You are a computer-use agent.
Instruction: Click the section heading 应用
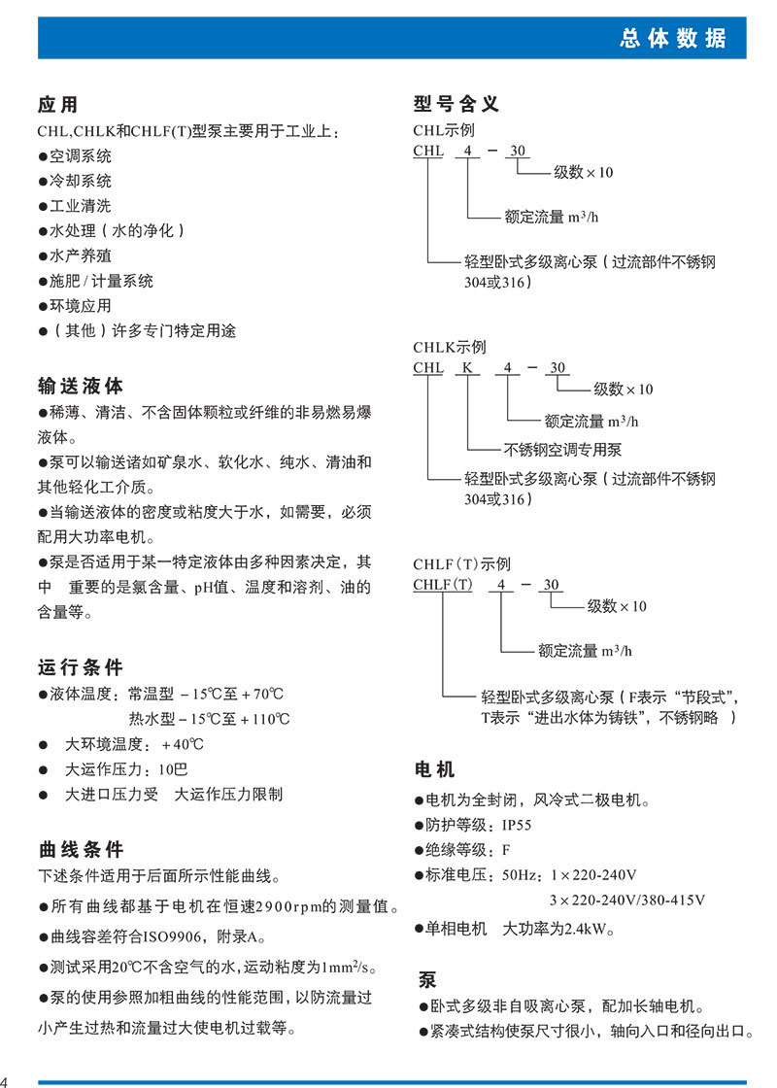coord(57,105)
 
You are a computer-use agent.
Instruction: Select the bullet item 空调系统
coord(81,155)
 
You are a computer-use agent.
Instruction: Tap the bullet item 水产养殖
coord(81,255)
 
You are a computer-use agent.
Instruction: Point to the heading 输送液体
coord(81,386)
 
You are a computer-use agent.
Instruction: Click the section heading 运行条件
coord(81,667)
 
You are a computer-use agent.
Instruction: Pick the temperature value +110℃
coord(262,719)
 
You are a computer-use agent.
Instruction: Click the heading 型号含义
coord(456,104)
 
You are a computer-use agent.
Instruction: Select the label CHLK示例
coord(450,347)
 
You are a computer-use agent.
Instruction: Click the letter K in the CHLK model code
coord(467,368)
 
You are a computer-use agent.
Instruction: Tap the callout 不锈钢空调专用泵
coord(563,449)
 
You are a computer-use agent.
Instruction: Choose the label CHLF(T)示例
coord(461,564)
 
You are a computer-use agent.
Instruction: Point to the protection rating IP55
coord(517,825)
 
